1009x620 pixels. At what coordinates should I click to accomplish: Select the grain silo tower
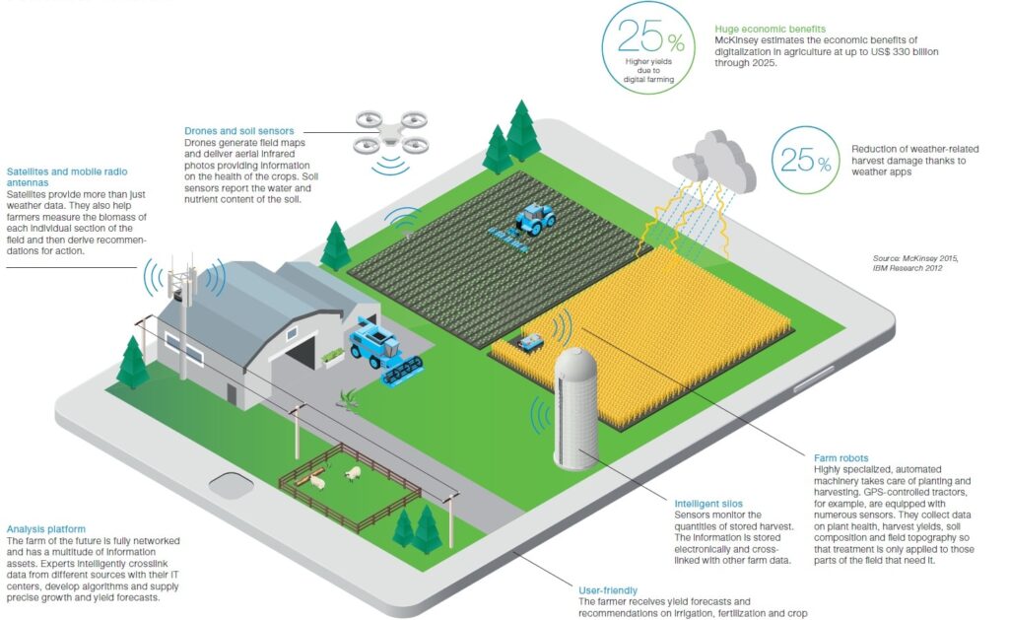coord(575,407)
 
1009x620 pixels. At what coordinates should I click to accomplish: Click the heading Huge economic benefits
coord(770,29)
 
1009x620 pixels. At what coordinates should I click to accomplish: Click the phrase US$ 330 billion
coord(928,50)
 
